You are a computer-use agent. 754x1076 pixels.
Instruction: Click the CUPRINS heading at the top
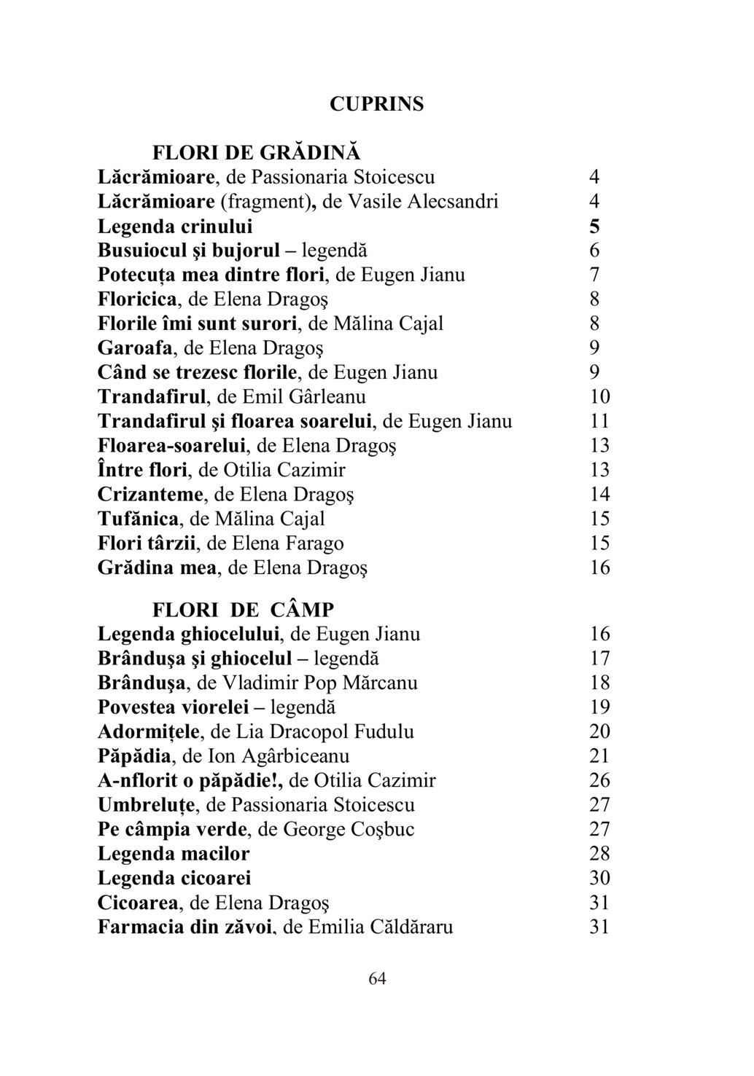click(x=376, y=104)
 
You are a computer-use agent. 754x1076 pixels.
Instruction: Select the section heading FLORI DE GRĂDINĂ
click(x=256, y=153)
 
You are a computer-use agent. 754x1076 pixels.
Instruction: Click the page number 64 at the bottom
click(x=377, y=978)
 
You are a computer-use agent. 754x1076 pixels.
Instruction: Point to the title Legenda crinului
click(x=176, y=226)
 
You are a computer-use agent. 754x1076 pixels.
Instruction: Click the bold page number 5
click(x=594, y=226)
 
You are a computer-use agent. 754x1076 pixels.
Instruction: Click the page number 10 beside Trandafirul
click(x=599, y=397)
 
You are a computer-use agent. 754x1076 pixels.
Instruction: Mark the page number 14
click(x=599, y=495)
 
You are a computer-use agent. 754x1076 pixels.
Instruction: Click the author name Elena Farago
click(x=288, y=543)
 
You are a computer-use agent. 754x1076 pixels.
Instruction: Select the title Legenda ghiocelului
click(x=189, y=635)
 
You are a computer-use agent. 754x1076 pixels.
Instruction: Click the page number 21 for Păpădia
click(x=599, y=756)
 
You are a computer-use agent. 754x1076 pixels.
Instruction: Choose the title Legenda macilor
click(x=174, y=854)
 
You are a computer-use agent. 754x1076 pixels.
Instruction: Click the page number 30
click(x=599, y=879)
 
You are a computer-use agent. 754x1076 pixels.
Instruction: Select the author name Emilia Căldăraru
click(x=380, y=927)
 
